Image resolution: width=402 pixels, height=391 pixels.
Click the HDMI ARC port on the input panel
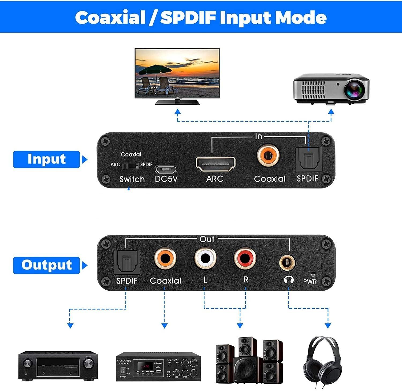[215, 164]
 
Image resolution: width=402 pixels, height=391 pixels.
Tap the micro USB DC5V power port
[166, 169]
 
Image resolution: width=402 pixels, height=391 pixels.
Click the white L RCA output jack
[205, 259]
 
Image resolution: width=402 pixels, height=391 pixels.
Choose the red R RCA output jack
[245, 259]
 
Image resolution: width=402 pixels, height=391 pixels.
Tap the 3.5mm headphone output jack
[288, 262]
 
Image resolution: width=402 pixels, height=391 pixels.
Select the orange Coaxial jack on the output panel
[165, 259]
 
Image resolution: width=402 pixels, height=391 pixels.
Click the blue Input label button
[47, 159]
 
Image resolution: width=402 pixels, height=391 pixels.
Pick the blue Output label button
[47, 265]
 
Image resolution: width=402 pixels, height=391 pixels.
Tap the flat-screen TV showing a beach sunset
[177, 73]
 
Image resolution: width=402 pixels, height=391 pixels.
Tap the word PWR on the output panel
[310, 282]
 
